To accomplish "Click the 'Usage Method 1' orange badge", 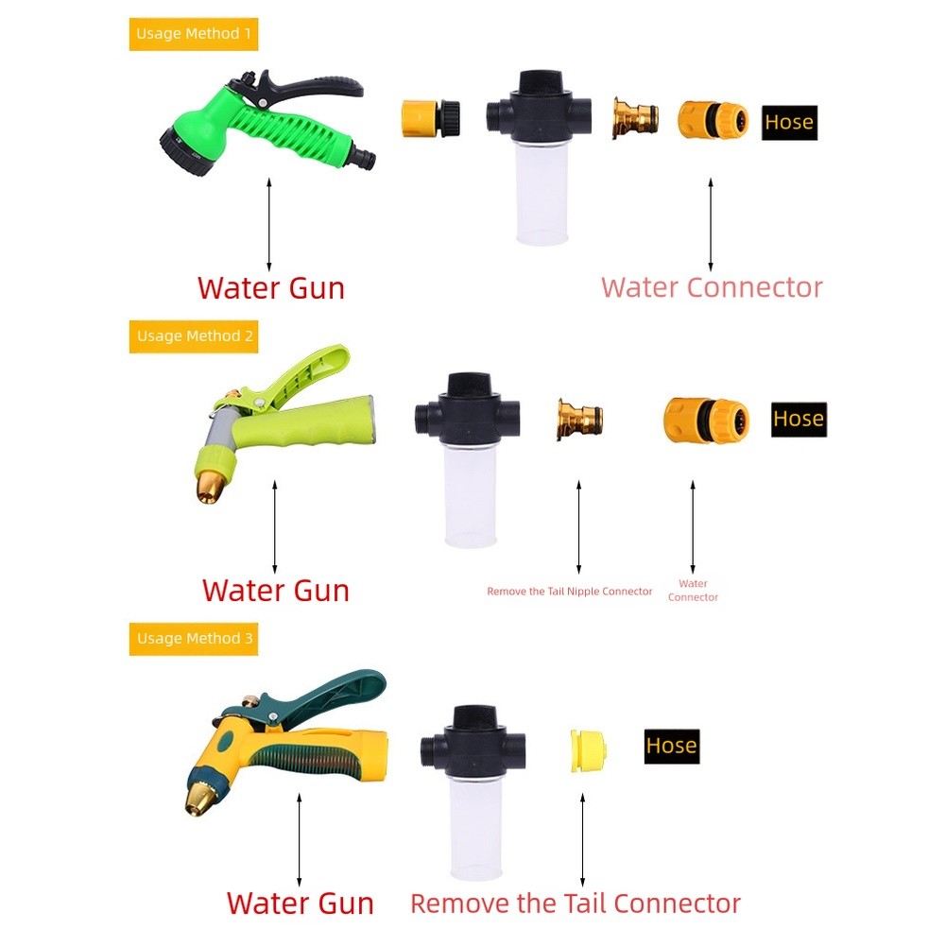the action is (194, 34).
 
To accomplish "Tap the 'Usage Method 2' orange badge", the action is (194, 336).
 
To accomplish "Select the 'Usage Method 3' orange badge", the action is (194, 638).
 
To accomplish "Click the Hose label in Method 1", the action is (789, 123).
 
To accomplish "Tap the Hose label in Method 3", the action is (672, 746).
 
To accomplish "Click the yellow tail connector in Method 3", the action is (588, 750).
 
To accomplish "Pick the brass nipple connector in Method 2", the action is (579, 420).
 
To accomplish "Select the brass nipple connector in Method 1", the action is (635, 117).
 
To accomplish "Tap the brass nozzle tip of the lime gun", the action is (210, 488).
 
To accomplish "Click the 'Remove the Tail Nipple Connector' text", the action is (570, 592).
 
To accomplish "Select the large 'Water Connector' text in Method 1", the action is (712, 287).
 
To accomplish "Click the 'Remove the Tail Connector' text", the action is (575, 903).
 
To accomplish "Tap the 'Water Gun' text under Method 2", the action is (276, 590).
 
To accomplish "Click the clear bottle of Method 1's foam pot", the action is (542, 193).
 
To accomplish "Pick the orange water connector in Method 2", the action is (706, 420).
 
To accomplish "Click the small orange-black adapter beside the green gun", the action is (431, 118).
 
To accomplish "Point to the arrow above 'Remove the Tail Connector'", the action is (583, 840).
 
